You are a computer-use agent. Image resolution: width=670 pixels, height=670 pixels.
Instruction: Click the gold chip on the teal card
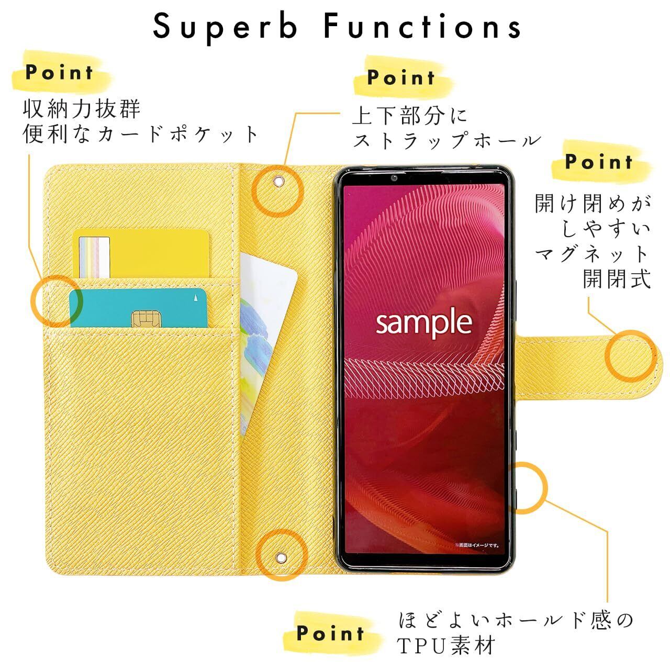139,318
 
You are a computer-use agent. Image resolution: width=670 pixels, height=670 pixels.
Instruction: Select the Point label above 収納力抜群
59,72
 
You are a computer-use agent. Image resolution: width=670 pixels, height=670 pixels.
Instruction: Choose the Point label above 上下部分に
401,77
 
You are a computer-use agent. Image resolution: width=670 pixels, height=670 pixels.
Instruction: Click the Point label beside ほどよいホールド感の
330,633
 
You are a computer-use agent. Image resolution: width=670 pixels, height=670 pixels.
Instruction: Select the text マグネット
592,254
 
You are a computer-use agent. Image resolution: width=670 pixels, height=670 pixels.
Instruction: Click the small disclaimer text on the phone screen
477,545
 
